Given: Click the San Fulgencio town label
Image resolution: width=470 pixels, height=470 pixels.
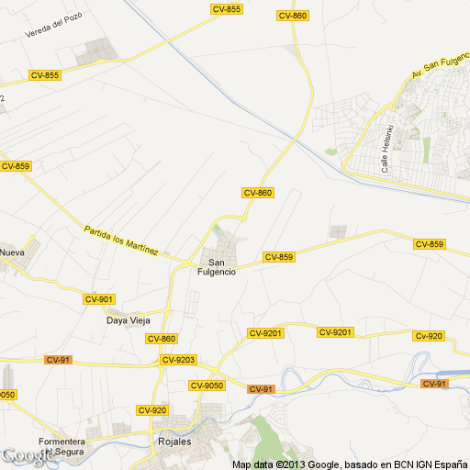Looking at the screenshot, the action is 217,266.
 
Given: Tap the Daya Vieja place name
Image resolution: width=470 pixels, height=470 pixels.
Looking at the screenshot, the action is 128,320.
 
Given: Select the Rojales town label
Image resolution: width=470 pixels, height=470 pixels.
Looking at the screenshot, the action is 170,442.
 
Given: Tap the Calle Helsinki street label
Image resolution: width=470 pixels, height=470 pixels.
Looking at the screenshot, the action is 388,148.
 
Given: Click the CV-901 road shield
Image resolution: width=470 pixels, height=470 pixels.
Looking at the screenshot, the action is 98,299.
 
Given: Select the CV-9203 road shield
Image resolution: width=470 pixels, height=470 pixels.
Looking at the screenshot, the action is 179,359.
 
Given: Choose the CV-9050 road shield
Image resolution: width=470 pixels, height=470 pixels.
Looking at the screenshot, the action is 210,385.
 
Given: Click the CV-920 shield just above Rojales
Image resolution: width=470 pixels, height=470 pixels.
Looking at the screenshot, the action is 151,409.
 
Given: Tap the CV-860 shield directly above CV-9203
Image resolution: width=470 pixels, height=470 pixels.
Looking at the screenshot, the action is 161,339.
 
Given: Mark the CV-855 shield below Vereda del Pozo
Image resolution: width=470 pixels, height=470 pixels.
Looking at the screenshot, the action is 44,75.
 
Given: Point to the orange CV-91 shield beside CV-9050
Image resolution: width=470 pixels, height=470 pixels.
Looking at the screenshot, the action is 260,389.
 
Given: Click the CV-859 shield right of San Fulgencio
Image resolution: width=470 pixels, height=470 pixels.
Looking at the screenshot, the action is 278,257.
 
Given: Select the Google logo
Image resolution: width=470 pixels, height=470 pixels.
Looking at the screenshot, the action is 25,456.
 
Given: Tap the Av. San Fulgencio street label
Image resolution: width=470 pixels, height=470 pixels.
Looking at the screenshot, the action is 442,62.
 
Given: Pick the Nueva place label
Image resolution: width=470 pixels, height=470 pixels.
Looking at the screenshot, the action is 12,252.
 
